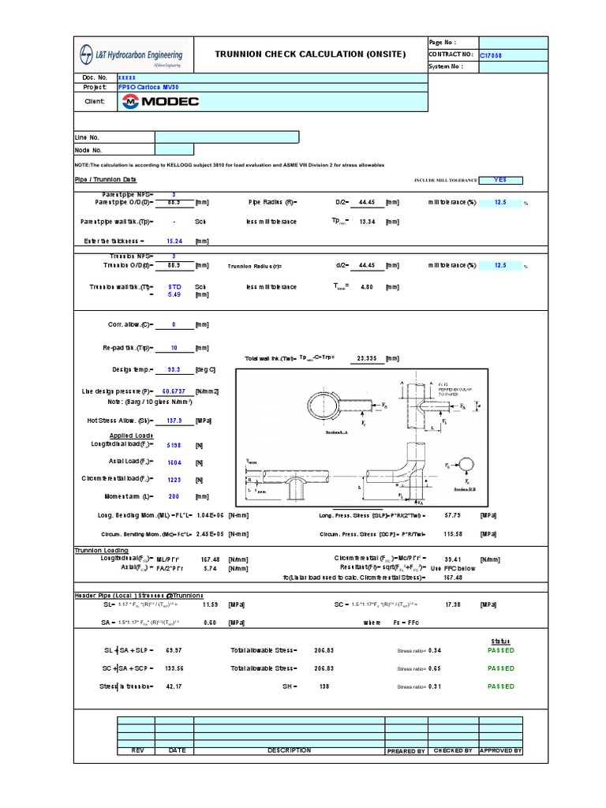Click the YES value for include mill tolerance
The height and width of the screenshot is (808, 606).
(x=500, y=180)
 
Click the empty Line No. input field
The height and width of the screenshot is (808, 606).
(x=226, y=137)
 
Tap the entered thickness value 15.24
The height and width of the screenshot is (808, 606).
(x=174, y=241)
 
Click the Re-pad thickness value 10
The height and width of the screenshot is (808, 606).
(x=174, y=347)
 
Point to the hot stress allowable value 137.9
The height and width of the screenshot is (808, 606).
(x=174, y=421)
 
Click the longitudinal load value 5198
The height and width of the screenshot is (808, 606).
(x=174, y=445)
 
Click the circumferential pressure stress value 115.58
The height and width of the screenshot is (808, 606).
(x=453, y=533)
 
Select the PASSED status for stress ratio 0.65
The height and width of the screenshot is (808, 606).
(x=500, y=668)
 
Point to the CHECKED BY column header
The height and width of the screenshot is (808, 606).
(x=453, y=750)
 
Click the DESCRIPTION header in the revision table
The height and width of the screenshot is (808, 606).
(x=289, y=750)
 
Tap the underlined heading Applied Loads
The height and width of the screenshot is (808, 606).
(x=131, y=436)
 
